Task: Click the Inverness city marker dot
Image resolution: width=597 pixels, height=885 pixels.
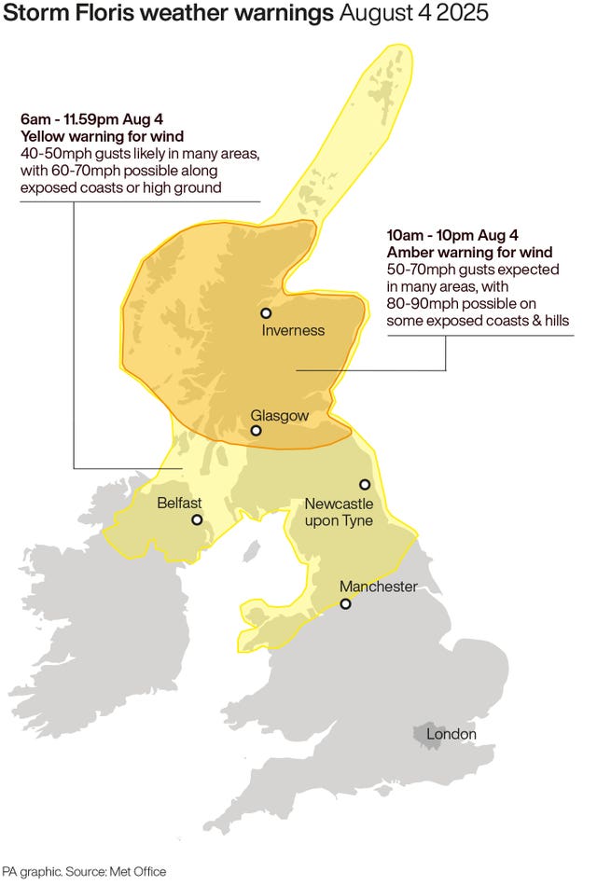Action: [x=266, y=313]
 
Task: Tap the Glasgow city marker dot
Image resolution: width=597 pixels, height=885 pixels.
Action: [x=256, y=431]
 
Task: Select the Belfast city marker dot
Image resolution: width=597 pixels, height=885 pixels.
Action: [x=197, y=519]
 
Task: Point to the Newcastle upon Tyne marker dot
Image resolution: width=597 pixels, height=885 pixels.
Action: [x=365, y=484]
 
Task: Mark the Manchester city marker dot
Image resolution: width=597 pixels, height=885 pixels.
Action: [x=345, y=603]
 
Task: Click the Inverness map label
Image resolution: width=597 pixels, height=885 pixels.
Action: [x=293, y=330]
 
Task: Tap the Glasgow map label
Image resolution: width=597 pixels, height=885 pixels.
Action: [x=279, y=415]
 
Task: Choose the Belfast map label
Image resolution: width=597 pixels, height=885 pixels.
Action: [x=179, y=503]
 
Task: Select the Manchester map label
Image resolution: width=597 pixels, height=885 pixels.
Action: [x=378, y=587]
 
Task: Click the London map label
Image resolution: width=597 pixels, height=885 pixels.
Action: [x=451, y=735]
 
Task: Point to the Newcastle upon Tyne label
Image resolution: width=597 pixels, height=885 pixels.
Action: [x=339, y=512]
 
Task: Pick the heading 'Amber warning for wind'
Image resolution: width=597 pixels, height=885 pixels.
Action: [x=469, y=253]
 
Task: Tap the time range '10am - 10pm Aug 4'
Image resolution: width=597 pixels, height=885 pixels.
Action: [x=446, y=237]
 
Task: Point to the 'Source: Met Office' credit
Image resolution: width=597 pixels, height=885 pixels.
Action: [x=116, y=871]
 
